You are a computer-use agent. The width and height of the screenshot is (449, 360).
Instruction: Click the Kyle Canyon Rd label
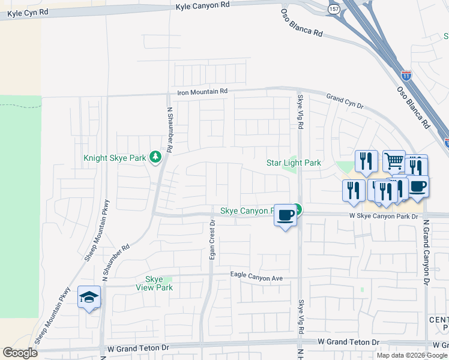(x=203, y=6)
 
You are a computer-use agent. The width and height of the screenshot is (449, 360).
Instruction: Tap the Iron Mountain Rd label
(x=203, y=91)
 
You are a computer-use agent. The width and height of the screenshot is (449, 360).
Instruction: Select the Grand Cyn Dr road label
(x=345, y=101)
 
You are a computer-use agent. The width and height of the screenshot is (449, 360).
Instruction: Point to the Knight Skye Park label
(x=115, y=158)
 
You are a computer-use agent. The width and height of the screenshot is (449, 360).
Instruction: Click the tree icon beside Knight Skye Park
(x=155, y=158)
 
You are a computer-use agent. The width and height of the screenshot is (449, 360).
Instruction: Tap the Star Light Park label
(x=294, y=163)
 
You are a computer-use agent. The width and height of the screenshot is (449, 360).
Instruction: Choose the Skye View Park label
(x=159, y=283)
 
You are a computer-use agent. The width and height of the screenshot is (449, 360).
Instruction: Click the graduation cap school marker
(x=89, y=297)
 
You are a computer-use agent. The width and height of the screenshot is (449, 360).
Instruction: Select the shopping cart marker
(x=394, y=161)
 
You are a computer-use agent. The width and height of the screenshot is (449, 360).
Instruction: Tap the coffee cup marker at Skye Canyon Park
(x=286, y=215)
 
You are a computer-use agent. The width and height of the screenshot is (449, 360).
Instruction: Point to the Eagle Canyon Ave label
(x=256, y=275)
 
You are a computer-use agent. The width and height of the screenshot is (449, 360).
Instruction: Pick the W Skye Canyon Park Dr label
(x=384, y=216)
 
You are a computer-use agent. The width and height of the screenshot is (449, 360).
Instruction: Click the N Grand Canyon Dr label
(x=426, y=252)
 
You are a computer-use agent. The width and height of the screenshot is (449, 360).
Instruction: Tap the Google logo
(x=20, y=352)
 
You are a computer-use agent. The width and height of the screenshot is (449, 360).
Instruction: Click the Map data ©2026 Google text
(x=411, y=355)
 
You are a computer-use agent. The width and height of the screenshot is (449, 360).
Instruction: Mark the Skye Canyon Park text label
(x=247, y=211)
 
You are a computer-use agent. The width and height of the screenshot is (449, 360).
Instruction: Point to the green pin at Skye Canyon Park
(x=298, y=209)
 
